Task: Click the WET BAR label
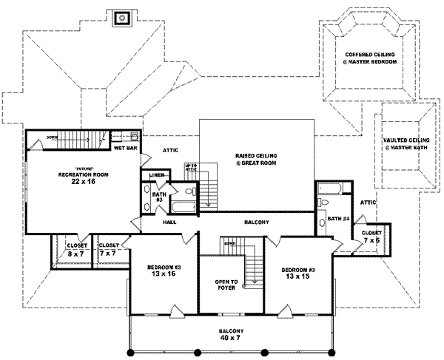(127, 148)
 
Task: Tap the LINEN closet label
(156, 175)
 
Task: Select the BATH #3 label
(158, 197)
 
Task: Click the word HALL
(170, 222)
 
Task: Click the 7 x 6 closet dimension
(371, 240)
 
